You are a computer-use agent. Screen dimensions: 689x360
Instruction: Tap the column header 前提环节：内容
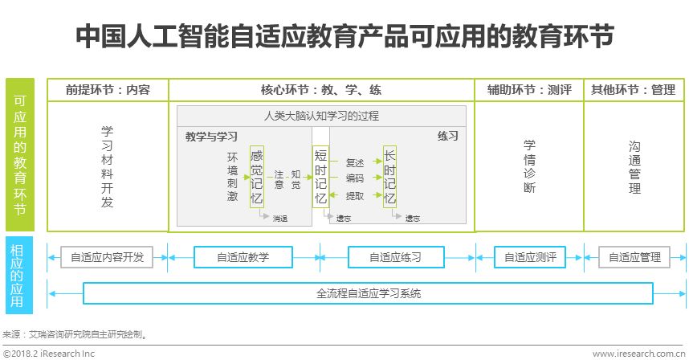pos(108,90)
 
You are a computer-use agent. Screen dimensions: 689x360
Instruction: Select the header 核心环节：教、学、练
pos(321,90)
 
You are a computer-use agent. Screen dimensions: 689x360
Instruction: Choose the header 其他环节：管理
pos(633,90)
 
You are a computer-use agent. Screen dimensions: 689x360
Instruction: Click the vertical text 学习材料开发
pos(108,166)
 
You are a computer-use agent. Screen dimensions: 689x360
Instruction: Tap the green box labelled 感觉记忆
pos(256,177)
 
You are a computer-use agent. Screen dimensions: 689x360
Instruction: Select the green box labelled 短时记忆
pos(320,177)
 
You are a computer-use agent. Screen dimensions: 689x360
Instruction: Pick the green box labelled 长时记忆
pos(389,177)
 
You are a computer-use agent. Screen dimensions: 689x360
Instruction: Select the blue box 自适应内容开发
pos(108,257)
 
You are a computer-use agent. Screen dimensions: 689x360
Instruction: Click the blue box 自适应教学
pos(243,257)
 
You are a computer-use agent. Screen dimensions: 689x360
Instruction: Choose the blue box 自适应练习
pos(395,257)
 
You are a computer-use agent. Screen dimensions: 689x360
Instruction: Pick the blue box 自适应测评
pos(530,257)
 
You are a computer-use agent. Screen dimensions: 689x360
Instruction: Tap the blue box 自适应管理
pos(634,257)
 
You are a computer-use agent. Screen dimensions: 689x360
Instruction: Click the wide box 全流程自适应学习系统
pos(369,293)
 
